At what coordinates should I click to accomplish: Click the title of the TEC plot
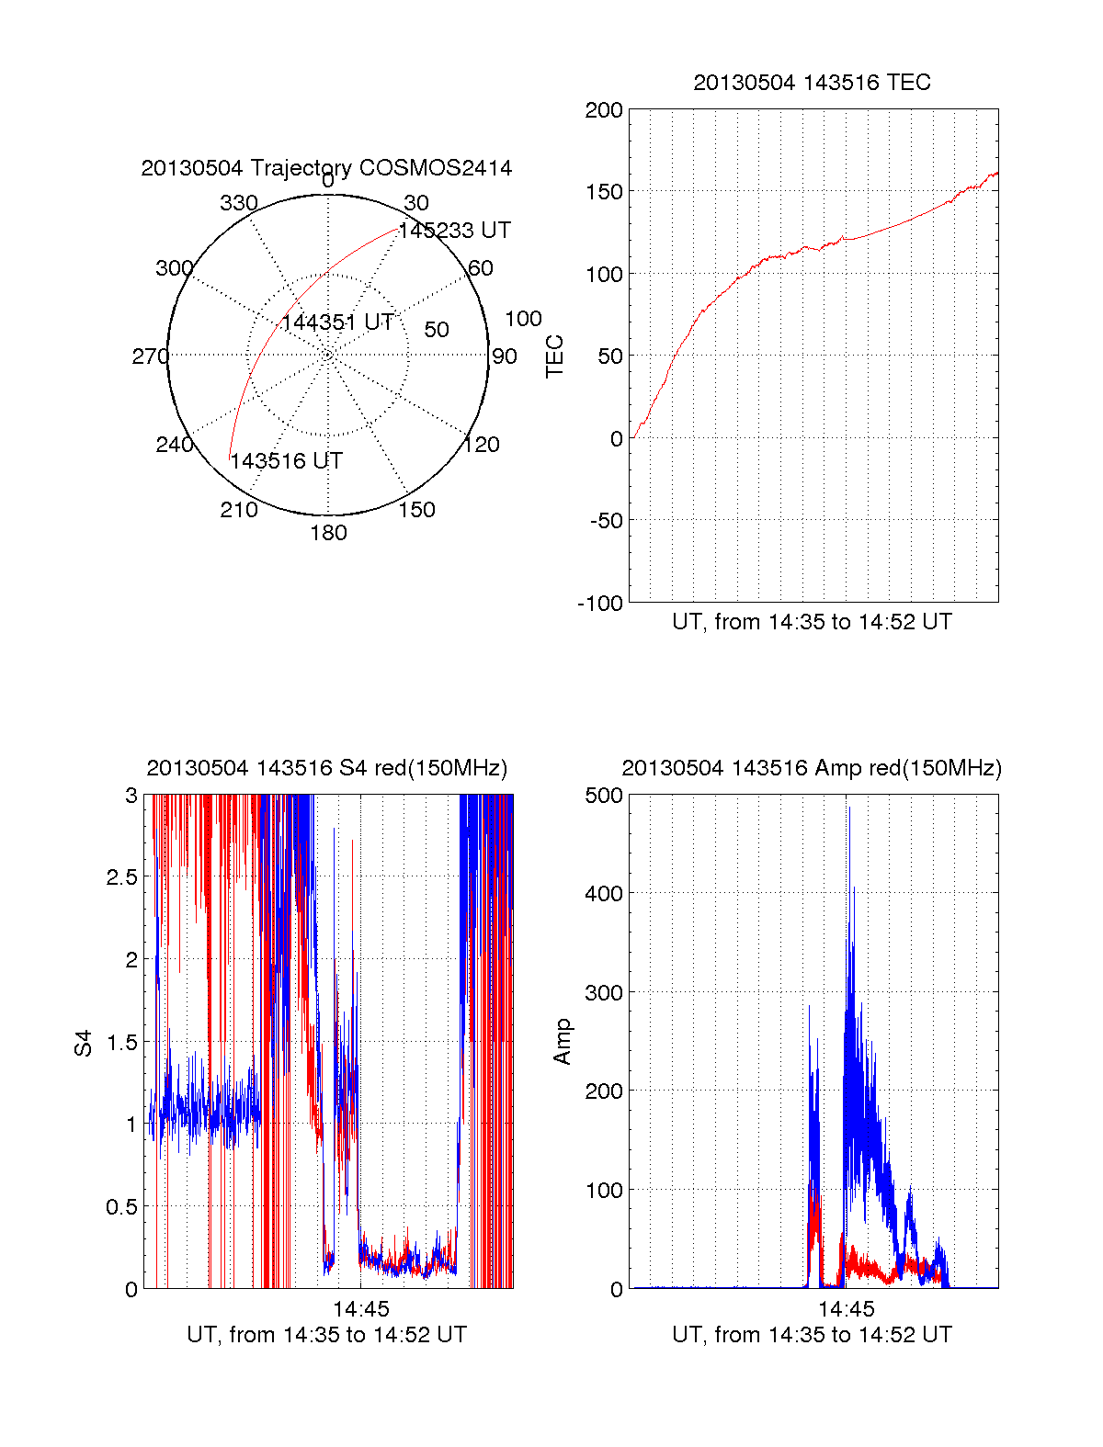click(812, 83)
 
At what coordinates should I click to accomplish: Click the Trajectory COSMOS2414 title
click(326, 168)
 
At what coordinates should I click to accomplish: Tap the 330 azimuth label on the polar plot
click(238, 203)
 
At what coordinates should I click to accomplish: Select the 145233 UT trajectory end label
click(454, 231)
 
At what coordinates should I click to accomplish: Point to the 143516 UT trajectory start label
click(286, 461)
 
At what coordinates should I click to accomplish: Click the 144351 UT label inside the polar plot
click(337, 322)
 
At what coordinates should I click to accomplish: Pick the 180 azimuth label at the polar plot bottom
click(328, 533)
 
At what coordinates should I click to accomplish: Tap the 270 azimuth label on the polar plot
click(150, 356)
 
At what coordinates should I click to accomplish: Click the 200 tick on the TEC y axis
click(604, 110)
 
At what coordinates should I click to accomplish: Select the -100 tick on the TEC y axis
click(600, 604)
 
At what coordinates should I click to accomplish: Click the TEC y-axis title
click(554, 356)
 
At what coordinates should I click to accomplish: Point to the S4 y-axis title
click(84, 1043)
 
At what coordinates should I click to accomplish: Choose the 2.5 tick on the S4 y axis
click(121, 877)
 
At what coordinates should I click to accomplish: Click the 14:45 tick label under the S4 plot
click(360, 1309)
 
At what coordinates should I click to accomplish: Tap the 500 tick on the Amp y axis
click(604, 796)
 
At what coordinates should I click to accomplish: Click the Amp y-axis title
click(562, 1042)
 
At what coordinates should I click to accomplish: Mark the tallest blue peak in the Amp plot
click(849, 808)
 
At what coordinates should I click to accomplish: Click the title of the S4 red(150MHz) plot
click(326, 768)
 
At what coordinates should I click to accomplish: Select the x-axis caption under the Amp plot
click(812, 1335)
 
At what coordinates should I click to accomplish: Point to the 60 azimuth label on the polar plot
click(481, 268)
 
